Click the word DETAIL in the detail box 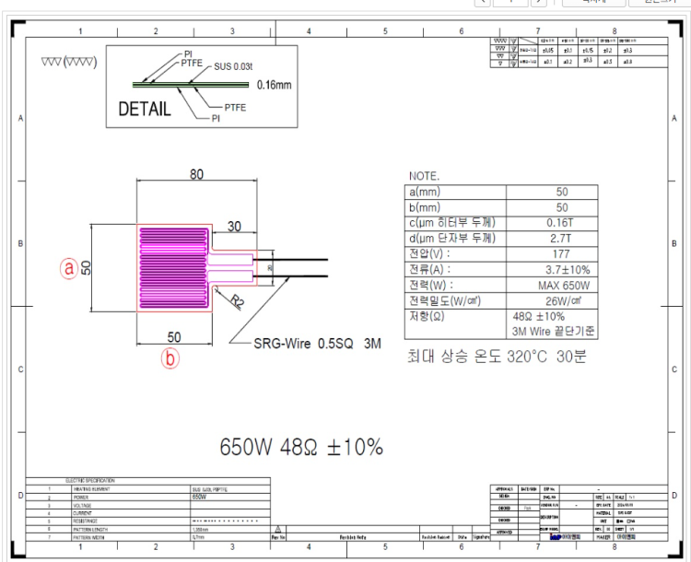(145, 110)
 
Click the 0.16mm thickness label (274, 85)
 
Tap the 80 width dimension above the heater (196, 174)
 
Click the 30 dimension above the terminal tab (235, 226)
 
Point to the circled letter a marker (68, 267)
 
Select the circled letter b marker (170, 359)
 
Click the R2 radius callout (237, 300)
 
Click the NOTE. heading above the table (423, 175)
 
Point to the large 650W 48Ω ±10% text (300, 447)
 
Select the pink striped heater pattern (173, 271)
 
